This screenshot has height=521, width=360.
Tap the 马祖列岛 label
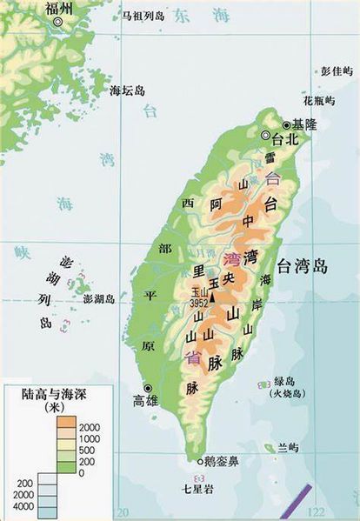click(143, 16)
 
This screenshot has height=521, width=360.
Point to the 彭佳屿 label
click(338, 69)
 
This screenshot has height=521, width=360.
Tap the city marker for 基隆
click(286, 124)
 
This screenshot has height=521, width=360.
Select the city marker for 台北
click(266, 135)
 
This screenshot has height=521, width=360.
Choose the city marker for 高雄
click(149, 388)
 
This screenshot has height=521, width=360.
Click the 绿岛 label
click(286, 381)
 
